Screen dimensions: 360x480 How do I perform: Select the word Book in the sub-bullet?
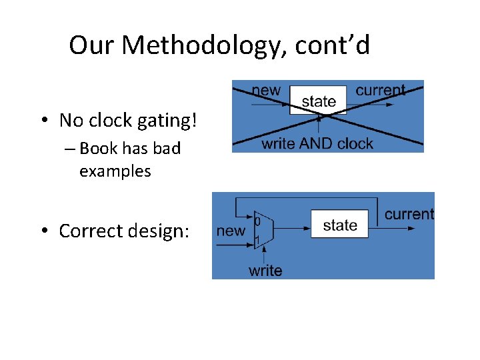[x=96, y=149]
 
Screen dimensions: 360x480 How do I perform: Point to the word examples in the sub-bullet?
[x=115, y=171]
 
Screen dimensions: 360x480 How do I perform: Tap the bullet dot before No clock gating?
[x=44, y=121]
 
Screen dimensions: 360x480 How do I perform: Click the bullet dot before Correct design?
[x=44, y=231]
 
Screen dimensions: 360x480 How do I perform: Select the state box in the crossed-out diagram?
[x=318, y=101]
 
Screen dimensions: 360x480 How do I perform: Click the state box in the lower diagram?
[x=339, y=225]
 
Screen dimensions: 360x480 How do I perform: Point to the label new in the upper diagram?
[x=265, y=91]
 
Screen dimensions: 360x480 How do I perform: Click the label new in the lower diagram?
[x=231, y=231]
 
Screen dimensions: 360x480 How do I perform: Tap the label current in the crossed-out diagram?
[x=380, y=90]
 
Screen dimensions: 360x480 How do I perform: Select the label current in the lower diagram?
[x=409, y=214]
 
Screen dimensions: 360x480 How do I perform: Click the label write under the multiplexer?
[x=265, y=270]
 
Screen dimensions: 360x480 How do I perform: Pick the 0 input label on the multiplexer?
[x=258, y=221]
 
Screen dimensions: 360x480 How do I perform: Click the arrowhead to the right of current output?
[x=411, y=228]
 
